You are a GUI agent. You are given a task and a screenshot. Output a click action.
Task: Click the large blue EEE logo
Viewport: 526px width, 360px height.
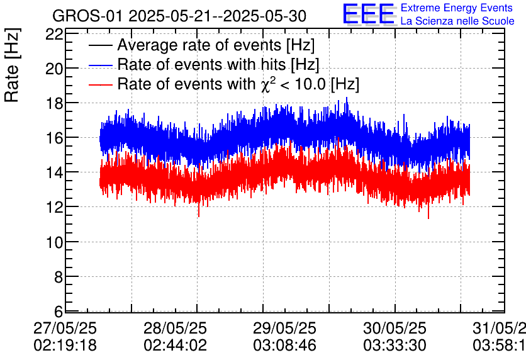coord(368,14)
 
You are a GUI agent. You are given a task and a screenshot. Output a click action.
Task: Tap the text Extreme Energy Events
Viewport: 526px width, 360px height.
coord(457,8)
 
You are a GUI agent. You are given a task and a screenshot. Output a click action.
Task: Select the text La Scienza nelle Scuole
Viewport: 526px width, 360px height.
coord(457,21)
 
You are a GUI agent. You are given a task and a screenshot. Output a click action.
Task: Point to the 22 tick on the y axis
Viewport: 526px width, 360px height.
coord(54,34)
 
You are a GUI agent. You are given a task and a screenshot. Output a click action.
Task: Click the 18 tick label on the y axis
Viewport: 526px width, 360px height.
coord(54,103)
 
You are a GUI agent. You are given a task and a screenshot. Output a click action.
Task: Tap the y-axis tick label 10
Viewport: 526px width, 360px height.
coord(54,242)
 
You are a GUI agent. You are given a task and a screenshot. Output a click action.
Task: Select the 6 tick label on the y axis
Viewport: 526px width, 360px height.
coord(58,312)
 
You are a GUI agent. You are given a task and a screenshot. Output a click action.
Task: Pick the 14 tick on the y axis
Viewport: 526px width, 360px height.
coord(54,172)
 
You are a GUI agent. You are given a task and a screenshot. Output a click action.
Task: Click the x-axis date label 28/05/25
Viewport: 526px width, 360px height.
coord(176,329)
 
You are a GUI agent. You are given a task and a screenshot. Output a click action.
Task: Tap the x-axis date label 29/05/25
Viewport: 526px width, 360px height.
coord(285,329)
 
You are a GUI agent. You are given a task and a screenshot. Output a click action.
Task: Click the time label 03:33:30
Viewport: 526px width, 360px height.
coord(394,346)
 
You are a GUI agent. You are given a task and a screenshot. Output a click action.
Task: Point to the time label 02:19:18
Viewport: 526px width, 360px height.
coord(65,346)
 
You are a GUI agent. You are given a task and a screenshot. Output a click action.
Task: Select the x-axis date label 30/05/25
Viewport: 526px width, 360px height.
coord(394,329)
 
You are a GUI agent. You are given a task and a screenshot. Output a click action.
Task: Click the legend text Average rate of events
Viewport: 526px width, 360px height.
coord(216,45)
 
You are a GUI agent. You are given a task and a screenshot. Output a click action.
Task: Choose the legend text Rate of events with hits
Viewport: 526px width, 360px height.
coord(218,64)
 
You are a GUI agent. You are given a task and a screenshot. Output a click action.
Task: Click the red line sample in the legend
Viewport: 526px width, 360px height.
coord(101,84)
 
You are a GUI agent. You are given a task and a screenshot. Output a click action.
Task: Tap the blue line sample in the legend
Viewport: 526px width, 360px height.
coord(101,64)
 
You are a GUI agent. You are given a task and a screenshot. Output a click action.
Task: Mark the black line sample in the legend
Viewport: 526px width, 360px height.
coord(101,45)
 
